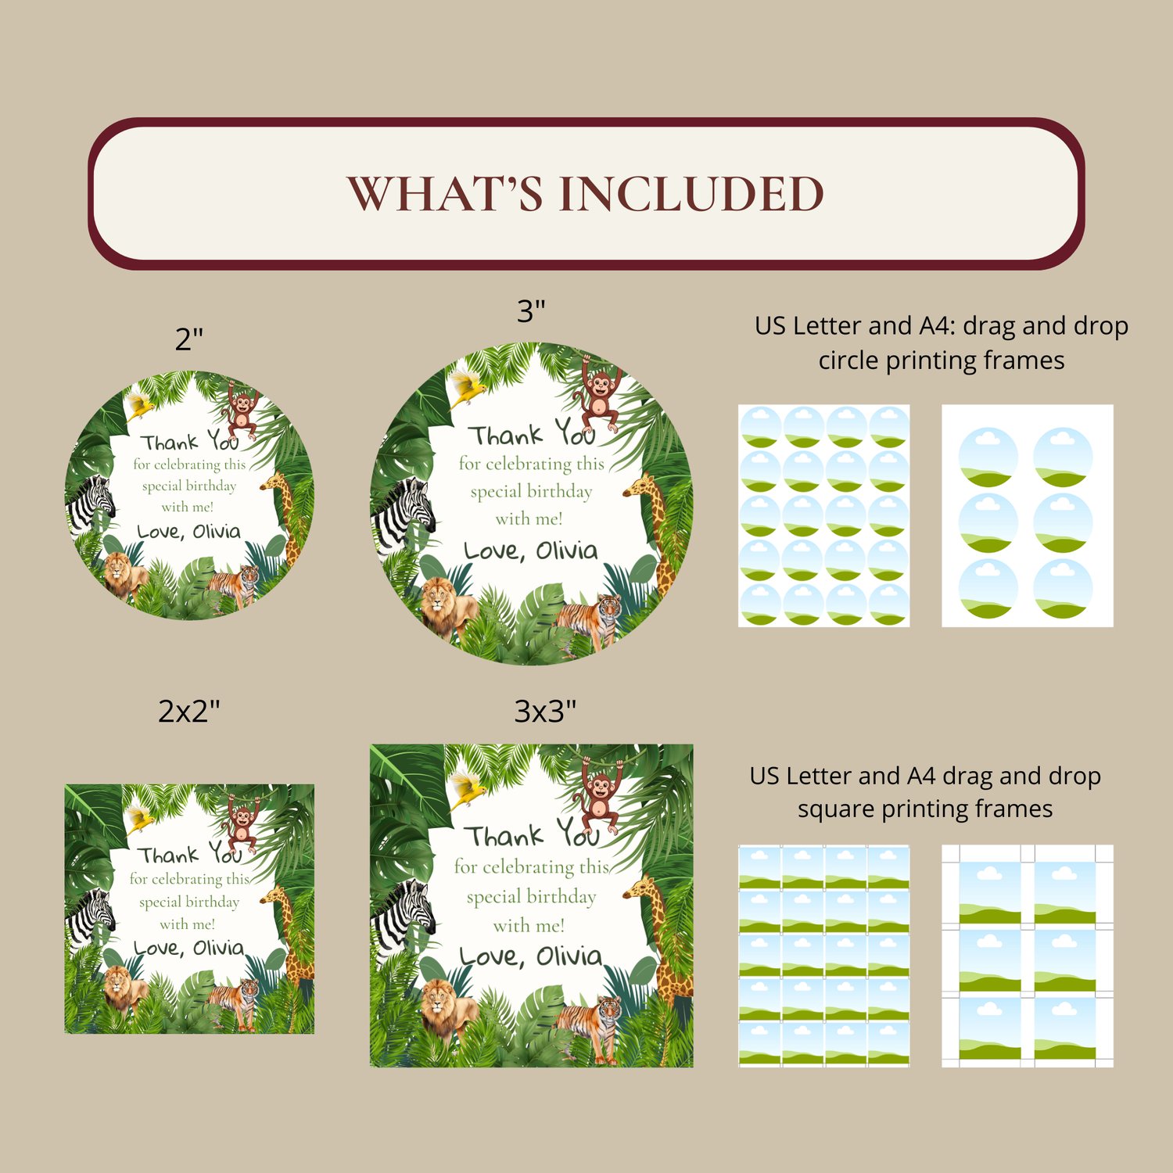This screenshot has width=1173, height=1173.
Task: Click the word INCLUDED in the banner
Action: pos(691,193)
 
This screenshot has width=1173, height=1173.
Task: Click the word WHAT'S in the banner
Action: pos(444,193)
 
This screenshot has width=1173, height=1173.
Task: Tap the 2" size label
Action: pos(189,339)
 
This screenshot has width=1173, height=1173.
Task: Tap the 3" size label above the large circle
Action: pos(531,310)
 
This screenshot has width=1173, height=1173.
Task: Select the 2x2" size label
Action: pos(189,711)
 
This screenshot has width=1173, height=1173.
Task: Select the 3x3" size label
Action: pos(545,711)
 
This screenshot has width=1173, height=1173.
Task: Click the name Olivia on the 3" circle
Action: pos(567,551)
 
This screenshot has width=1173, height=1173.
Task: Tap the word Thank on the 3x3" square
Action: pos(505,836)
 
